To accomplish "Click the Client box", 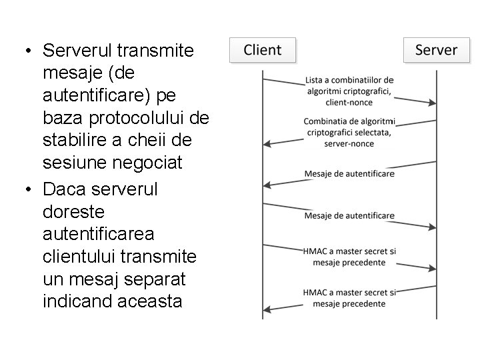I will point(262,50).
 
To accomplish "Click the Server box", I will point(436,50).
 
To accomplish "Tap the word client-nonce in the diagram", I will point(349,102).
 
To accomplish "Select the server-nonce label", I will point(349,143).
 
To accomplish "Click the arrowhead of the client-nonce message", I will point(433,103).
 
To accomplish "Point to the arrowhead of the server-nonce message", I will point(267,143).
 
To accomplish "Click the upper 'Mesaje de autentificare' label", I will point(349,173).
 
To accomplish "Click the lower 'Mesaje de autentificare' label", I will point(349,215).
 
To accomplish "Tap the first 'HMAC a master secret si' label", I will point(349,251).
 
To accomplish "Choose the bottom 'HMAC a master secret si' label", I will point(349,293).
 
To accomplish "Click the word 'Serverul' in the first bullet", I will point(77,51).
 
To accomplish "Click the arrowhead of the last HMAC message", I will point(267,308).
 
